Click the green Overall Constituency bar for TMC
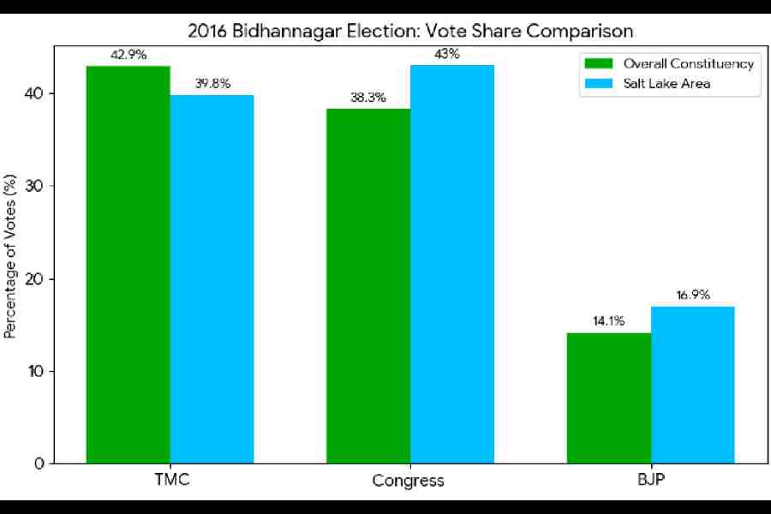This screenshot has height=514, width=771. [x=128, y=265]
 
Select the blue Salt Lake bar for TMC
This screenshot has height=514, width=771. [x=212, y=279]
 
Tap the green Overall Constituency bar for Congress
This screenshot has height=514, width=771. [x=368, y=286]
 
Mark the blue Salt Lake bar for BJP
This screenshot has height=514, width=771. [x=692, y=385]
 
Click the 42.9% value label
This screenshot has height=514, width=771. [x=128, y=55]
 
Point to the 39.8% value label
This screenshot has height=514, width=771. [x=212, y=84]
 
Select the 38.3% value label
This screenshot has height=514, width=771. [x=368, y=98]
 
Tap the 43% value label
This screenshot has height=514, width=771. [x=451, y=54]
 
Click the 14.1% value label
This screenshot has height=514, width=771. [x=608, y=321]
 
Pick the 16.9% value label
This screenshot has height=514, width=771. [x=692, y=296]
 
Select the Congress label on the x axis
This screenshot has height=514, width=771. [x=409, y=481]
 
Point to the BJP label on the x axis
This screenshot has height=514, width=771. [x=649, y=480]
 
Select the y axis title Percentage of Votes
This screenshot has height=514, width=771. [x=11, y=256]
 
